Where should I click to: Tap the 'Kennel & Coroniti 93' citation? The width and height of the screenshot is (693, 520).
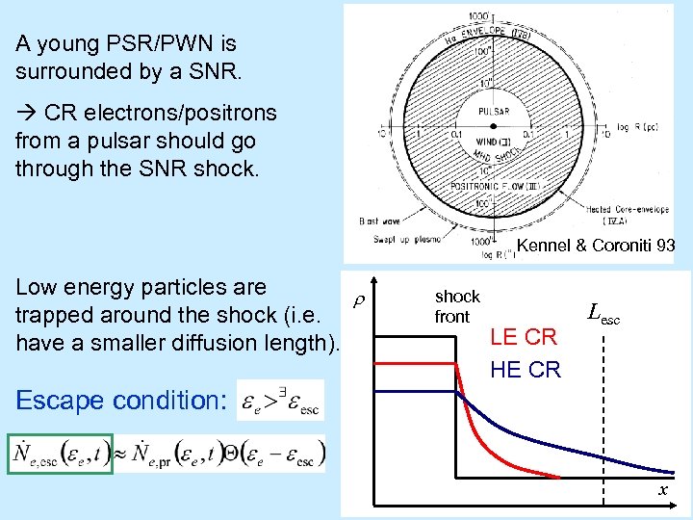pyautogui.click(x=595, y=247)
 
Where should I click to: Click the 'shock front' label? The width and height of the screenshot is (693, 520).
pyautogui.click(x=455, y=306)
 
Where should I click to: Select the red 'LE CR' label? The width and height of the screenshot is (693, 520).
pyautogui.click(x=523, y=337)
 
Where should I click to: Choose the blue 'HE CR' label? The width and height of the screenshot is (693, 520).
pyautogui.click(x=525, y=370)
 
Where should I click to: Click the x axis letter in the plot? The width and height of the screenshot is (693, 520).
pyautogui.click(x=663, y=491)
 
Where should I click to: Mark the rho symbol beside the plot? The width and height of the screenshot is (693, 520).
pyautogui.click(x=355, y=301)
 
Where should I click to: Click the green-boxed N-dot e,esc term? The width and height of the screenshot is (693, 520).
pyautogui.click(x=61, y=454)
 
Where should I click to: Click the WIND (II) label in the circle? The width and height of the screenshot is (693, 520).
pyautogui.click(x=489, y=144)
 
